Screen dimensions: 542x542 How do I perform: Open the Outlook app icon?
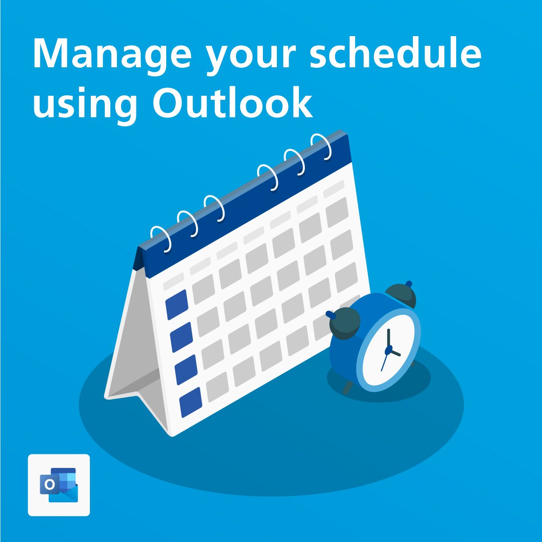59,485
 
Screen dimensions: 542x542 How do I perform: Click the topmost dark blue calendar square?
177,304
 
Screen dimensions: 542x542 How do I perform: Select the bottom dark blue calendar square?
191,402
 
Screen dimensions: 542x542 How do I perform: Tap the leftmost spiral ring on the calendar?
161,238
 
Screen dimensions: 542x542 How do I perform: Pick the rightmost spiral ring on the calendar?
322,146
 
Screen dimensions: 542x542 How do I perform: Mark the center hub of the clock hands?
388,350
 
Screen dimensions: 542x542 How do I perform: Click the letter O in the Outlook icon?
50,485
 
